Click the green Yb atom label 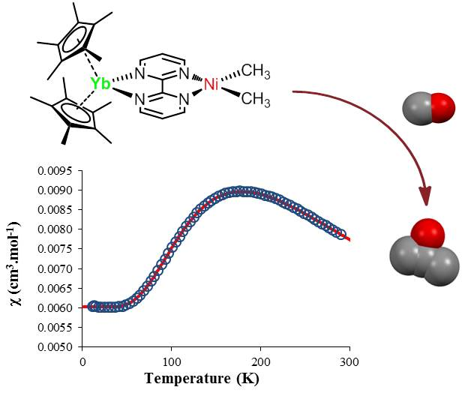coord(100,83)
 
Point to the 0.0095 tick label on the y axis coord(56,171)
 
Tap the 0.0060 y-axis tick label coord(56,307)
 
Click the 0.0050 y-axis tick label coord(56,346)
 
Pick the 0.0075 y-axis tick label coord(56,249)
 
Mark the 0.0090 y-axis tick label coord(56,190)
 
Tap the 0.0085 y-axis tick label coord(56,210)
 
